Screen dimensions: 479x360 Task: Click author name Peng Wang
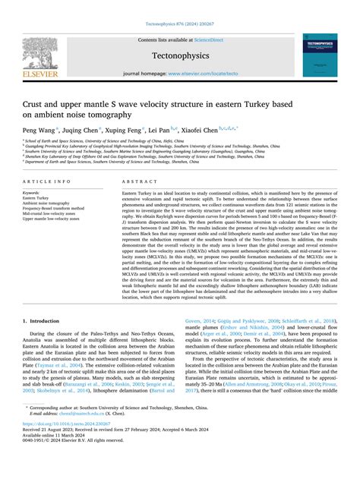coord(39,129)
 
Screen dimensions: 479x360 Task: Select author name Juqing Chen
coord(81,129)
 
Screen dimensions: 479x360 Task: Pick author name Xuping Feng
coord(128,129)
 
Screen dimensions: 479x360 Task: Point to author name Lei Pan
coord(166,129)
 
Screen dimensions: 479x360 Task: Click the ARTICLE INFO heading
coord(48,182)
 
